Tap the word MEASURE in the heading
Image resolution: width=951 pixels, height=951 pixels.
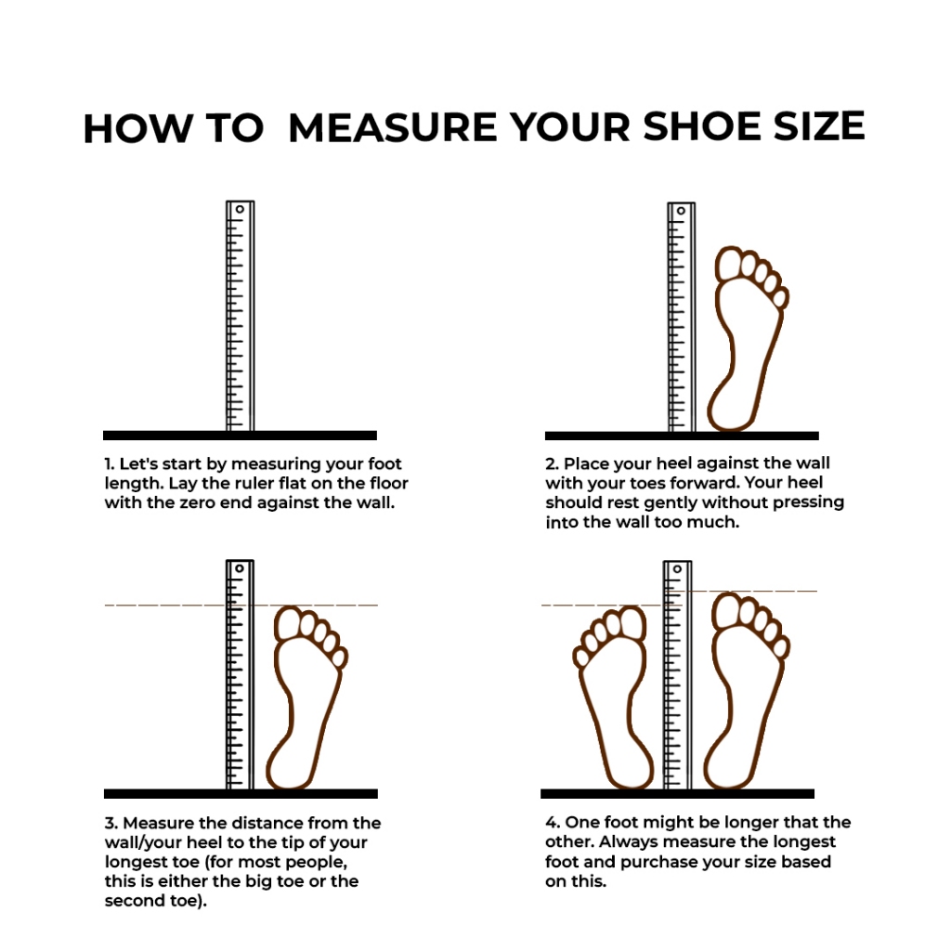(393, 127)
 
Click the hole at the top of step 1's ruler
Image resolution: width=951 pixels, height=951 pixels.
(241, 209)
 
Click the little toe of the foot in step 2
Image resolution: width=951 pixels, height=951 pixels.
(781, 297)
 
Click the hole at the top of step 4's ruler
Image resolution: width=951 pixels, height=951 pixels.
(677, 569)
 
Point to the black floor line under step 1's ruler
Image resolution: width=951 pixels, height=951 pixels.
(241, 435)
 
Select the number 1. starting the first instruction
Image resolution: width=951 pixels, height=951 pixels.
(110, 464)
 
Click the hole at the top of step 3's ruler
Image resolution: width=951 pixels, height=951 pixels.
(240, 568)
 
